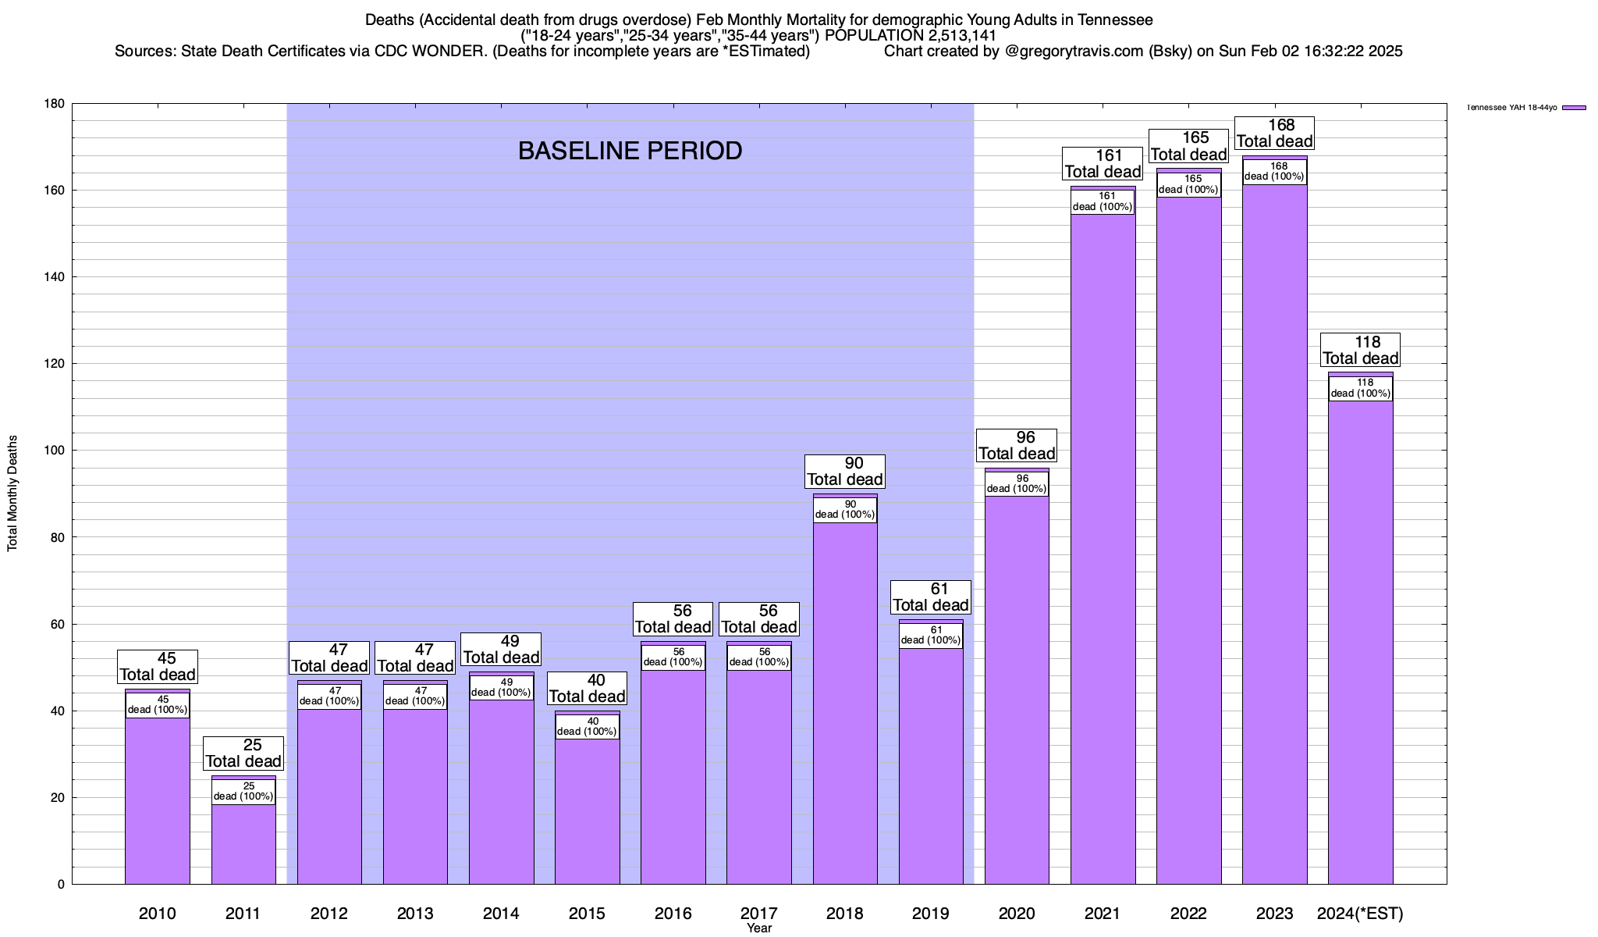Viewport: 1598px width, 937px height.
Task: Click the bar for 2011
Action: pos(243,843)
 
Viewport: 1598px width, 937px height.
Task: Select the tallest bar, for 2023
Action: pos(1274,547)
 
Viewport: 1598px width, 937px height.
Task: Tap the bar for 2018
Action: pos(845,703)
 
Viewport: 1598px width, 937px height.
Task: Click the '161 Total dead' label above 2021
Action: pos(1103,164)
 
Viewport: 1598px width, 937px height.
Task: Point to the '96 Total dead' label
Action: pos(1017,446)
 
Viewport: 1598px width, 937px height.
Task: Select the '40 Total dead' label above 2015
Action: pos(587,689)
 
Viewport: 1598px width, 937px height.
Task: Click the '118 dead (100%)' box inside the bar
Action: pos(1360,388)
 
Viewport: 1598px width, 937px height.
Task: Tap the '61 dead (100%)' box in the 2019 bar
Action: pos(931,635)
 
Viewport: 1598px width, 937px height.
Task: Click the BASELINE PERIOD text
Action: pos(630,151)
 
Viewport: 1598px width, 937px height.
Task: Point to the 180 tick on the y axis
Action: pos(54,104)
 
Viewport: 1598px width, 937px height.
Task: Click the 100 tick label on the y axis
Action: pos(54,451)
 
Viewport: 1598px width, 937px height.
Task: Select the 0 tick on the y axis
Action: pos(60,885)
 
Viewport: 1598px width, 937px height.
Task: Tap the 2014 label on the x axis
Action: pos(501,914)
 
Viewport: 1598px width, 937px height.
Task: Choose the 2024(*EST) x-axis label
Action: pos(1360,914)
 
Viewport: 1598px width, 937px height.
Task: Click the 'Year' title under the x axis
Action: pos(758,928)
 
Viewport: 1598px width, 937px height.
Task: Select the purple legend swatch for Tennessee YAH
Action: pos(1574,108)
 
